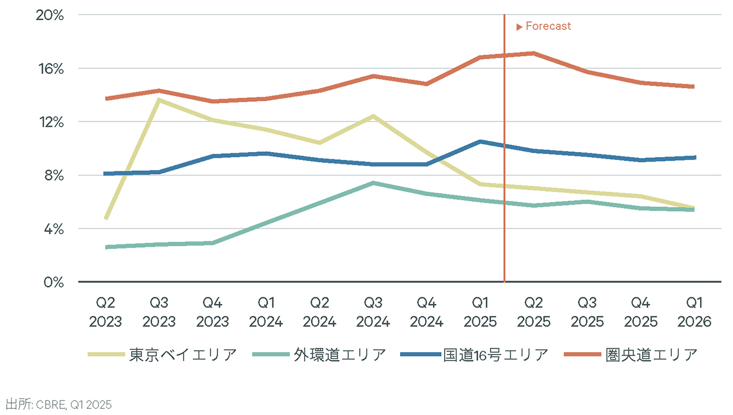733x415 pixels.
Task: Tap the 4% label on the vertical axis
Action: point(54,229)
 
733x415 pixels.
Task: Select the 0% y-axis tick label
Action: point(54,283)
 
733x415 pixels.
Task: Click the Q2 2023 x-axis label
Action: point(106,312)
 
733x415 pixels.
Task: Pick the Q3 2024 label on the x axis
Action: point(373,312)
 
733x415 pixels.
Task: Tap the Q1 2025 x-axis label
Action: point(480,312)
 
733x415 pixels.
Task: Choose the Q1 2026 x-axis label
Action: point(695,312)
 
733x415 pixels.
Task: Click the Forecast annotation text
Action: point(548,26)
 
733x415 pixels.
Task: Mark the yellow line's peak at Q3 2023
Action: point(159,99)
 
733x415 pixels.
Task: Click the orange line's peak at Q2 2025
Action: point(534,53)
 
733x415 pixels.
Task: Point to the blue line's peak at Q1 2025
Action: point(480,142)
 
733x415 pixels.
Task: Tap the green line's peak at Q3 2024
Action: point(373,182)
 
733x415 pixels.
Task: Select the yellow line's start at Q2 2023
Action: point(106,218)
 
